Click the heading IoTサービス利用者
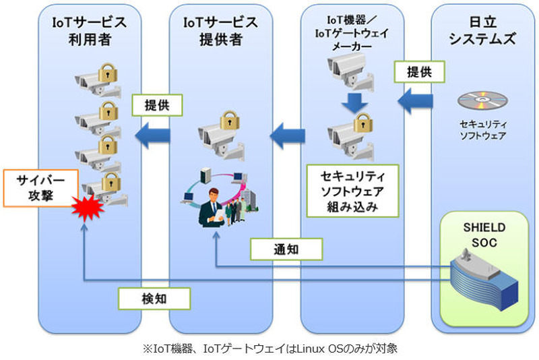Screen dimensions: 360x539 coord(90,31)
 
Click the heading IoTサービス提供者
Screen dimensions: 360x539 coord(221,31)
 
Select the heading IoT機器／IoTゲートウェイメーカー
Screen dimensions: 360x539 coord(352,33)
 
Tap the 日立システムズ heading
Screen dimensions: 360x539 coord(482,31)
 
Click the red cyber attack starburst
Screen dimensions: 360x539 coord(88,209)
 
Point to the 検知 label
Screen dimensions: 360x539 coord(153,297)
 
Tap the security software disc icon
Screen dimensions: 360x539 coord(482,102)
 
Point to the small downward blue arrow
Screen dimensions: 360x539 coord(354,102)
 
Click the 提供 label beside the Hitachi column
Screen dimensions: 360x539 coord(419,71)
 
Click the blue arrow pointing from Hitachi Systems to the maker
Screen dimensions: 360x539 coord(414,102)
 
